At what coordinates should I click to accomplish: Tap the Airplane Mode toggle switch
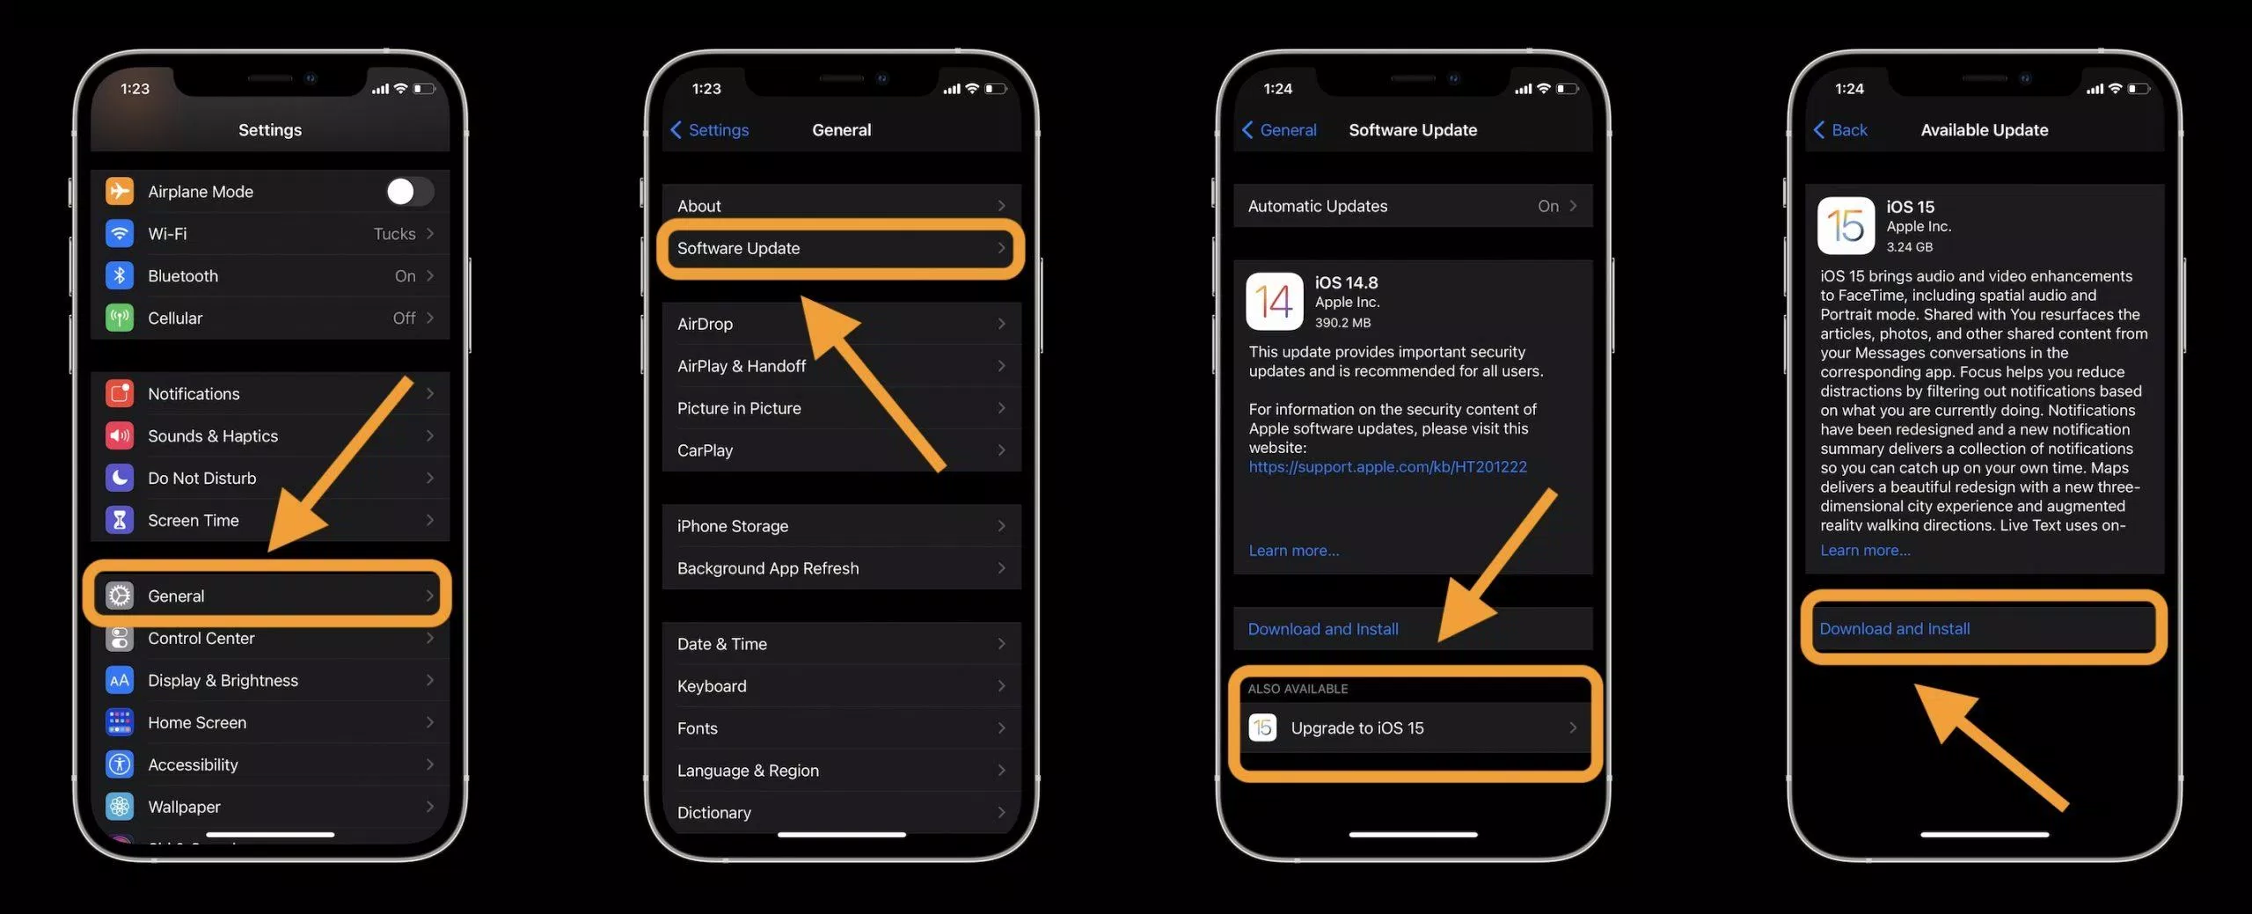(x=409, y=191)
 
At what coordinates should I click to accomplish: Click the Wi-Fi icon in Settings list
(x=120, y=233)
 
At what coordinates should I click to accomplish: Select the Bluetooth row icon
(x=120, y=275)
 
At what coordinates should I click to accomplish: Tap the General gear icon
(x=120, y=596)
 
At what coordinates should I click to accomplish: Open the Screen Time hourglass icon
(x=120, y=520)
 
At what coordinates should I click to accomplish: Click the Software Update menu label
(x=738, y=248)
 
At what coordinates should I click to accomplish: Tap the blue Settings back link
(x=710, y=130)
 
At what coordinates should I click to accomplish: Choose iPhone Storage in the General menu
(x=733, y=526)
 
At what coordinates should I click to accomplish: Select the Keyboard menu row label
(x=712, y=686)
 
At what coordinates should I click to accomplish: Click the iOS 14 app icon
(x=1274, y=302)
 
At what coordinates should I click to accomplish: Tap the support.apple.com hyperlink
(x=1387, y=467)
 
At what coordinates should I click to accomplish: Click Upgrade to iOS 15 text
(x=1356, y=728)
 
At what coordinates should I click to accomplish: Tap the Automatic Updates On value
(x=1548, y=206)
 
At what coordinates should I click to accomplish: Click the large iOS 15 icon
(x=1846, y=226)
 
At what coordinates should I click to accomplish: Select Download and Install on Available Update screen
(x=1894, y=629)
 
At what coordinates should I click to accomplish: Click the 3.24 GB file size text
(x=1909, y=247)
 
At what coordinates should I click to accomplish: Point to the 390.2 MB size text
(x=1342, y=323)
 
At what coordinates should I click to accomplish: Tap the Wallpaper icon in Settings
(x=120, y=807)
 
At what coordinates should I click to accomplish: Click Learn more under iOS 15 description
(x=1865, y=551)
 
